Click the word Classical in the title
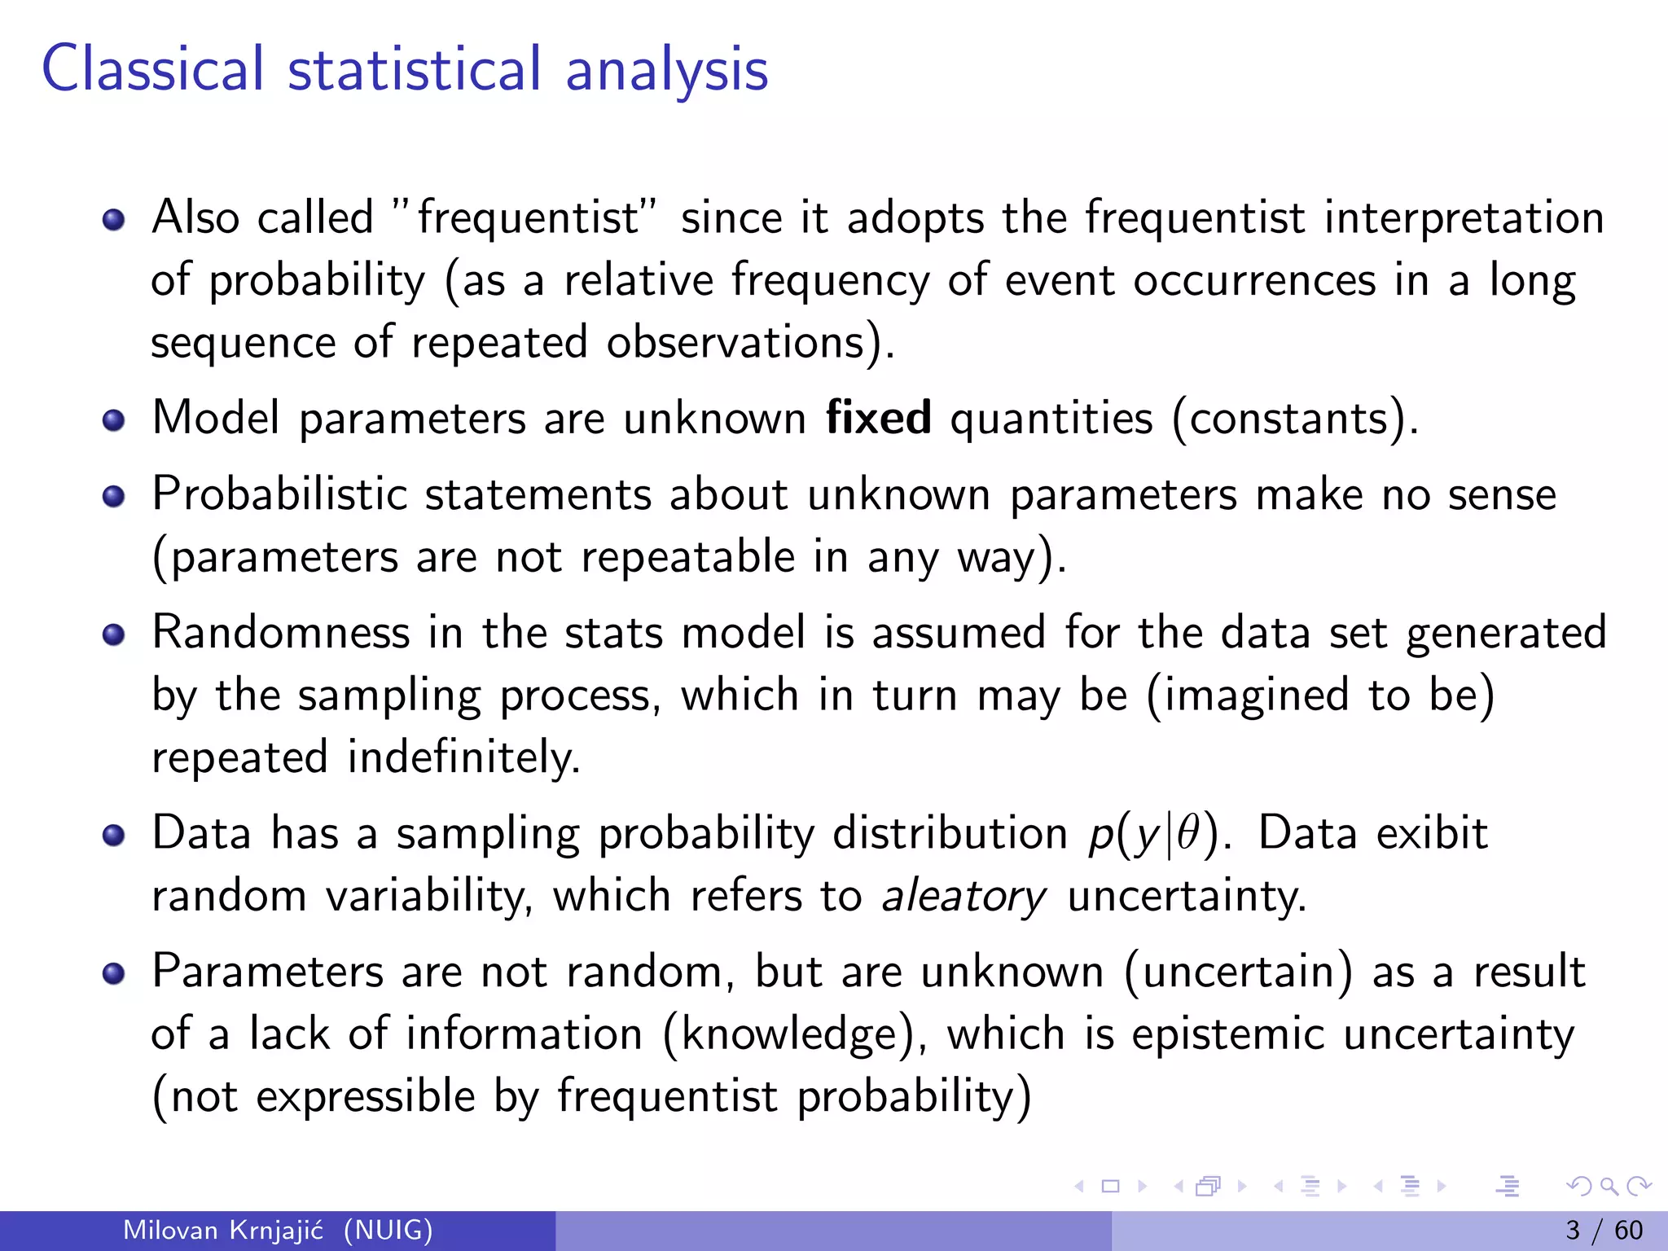pos(152,69)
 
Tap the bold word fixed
pos(878,419)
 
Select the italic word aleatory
pos(963,897)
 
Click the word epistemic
pos(1228,1034)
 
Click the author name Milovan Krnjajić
pos(223,1230)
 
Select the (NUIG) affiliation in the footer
pos(388,1230)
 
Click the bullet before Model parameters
pos(114,420)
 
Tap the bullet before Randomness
pos(114,634)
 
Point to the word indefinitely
pos(463,757)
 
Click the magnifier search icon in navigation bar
pos(1609,1186)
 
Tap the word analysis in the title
pos(666,69)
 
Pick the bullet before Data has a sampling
pos(114,835)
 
